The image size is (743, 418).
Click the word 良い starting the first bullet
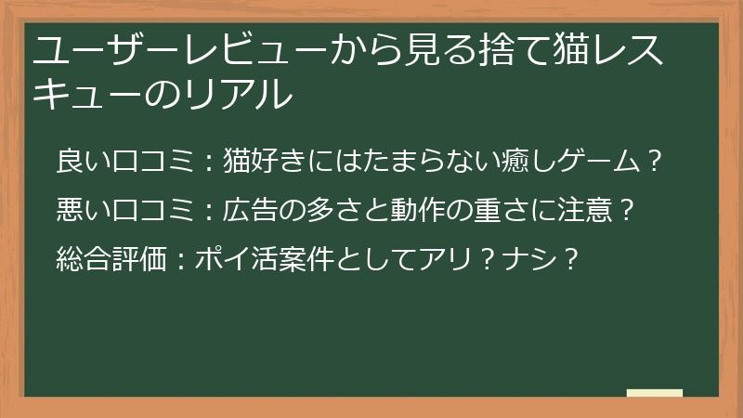pyautogui.click(x=79, y=163)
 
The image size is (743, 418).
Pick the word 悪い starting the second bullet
pyautogui.click(x=79, y=209)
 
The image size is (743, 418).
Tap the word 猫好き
pyautogui.click(x=265, y=163)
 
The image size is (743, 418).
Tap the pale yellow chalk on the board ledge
pyautogui.click(x=654, y=392)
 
